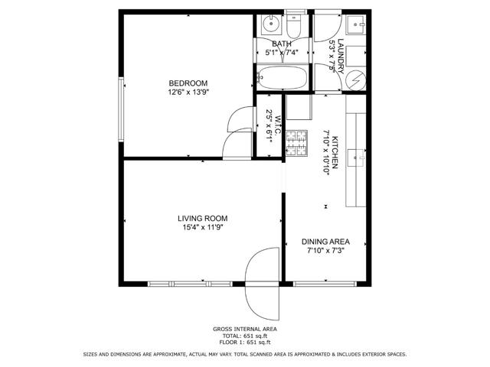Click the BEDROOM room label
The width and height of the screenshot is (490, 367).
tap(188, 83)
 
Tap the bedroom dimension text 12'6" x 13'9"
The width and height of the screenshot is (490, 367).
tap(188, 92)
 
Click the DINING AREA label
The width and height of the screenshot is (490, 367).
tap(325, 242)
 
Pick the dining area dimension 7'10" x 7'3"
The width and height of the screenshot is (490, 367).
tap(325, 251)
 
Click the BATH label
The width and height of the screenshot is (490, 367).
tap(282, 44)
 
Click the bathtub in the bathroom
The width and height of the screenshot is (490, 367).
tap(281, 76)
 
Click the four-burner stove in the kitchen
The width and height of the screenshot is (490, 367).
tap(296, 143)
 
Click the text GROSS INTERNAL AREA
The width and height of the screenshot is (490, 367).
tap(244, 329)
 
